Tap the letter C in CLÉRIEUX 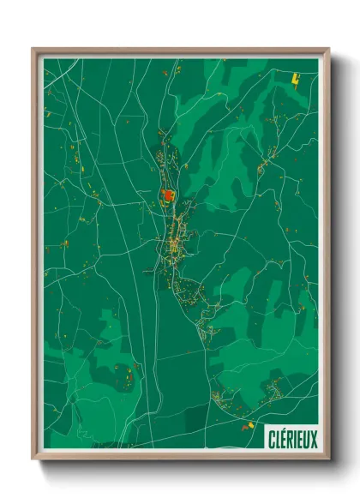[x=271, y=439]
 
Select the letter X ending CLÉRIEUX [x=313, y=439]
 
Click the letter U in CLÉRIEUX [x=305, y=439]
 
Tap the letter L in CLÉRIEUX [x=277, y=439]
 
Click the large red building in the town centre [x=167, y=195]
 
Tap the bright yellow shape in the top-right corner [x=297, y=78]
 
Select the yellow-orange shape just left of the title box [x=250, y=425]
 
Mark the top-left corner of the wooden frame [x=33, y=50]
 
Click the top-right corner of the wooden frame [x=328, y=50]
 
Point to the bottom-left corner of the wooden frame [x=33, y=459]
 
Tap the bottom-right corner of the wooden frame [x=328, y=459]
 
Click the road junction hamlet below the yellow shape [x=273, y=154]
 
